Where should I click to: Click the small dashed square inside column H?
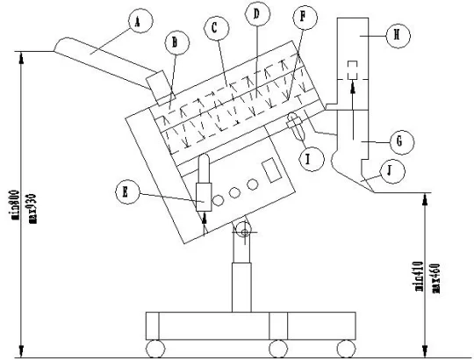(353, 68)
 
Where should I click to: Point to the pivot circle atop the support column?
(243, 230)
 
